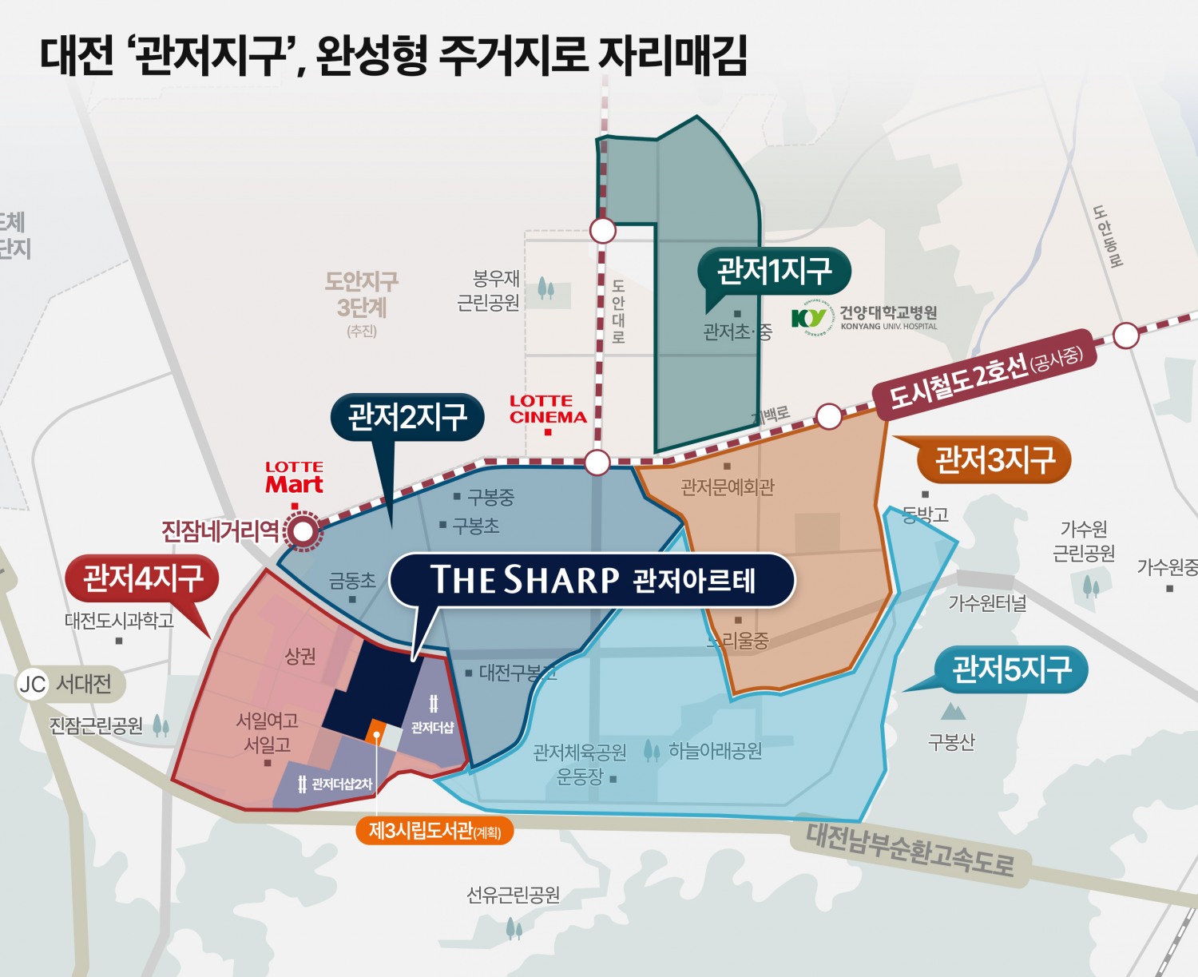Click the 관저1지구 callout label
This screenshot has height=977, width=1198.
pos(773,271)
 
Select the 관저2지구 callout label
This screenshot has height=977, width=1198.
pos(407,416)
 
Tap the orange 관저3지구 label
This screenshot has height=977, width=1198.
pos(994,459)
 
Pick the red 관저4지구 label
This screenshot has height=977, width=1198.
pos(143,578)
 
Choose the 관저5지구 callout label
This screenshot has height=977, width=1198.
pos(1011,669)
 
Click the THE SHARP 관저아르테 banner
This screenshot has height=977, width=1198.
pos(592,580)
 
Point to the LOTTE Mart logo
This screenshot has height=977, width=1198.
pos(294,478)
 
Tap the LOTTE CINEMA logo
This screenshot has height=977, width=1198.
pos(548,409)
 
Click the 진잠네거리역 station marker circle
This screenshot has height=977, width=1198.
pos(303,531)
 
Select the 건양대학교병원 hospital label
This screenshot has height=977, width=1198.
pos(866,317)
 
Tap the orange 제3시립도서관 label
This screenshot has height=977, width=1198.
pos(434,831)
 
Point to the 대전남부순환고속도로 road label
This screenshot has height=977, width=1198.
pos(910,850)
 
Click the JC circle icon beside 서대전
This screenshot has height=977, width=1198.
pos(33,685)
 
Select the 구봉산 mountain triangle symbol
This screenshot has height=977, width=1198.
pos(952,711)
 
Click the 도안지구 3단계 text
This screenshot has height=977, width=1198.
pos(361,294)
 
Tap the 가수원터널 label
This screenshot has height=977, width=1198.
pos(987,602)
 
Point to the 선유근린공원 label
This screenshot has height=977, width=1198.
pos(513,895)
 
